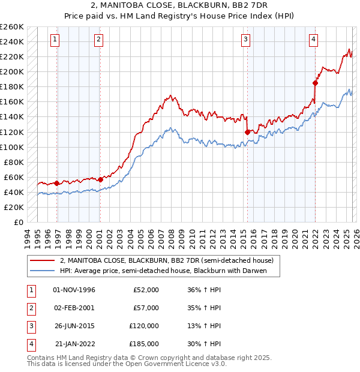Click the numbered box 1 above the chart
tap(55, 40)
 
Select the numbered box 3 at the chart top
tap(246, 40)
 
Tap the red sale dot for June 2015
tap(247, 132)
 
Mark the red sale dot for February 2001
tap(100, 179)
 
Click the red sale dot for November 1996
tap(57, 183)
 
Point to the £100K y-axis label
tap(12, 147)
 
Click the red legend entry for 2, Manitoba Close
tap(167, 260)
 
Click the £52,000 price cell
tap(146, 290)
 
